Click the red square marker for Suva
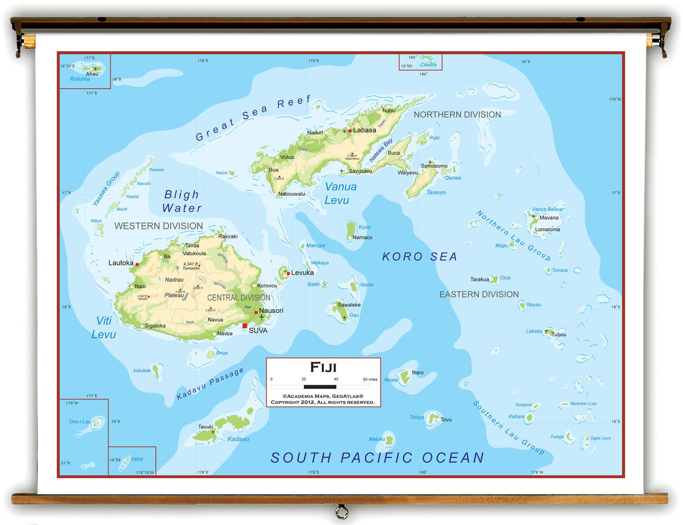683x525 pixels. click(245, 326)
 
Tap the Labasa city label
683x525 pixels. click(364, 130)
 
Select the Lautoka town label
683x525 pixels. click(121, 263)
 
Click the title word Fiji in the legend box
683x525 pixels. click(323, 367)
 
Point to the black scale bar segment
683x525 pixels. click(320, 386)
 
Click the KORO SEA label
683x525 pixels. click(419, 257)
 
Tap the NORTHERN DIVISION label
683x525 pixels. click(457, 115)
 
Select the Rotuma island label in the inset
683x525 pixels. click(80, 79)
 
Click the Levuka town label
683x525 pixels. click(303, 273)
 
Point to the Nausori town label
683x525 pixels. click(271, 311)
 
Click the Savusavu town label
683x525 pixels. click(360, 171)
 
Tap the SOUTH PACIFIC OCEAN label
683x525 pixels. click(377, 458)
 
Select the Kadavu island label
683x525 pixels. click(239, 439)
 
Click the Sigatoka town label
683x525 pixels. click(155, 326)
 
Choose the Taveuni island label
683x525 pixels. click(436, 192)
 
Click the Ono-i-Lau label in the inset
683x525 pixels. click(80, 421)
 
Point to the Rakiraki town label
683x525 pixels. click(228, 236)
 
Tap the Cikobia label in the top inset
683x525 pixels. click(428, 65)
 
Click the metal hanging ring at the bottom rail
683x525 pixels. click(341, 513)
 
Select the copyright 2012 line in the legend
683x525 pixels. click(323, 402)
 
